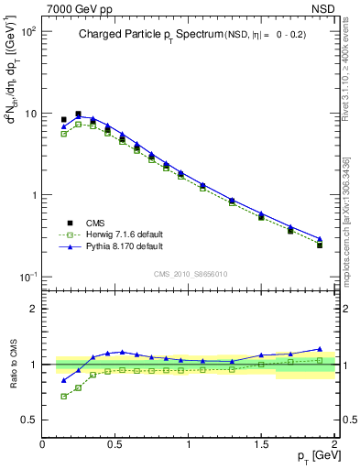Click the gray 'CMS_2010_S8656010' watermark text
coord(190,274)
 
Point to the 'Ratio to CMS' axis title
coord(13,364)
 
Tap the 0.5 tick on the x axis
coord(115,443)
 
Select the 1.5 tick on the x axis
coord(261,443)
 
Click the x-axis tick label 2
coord(334,443)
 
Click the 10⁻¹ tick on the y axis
coord(27,277)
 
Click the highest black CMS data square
coord(78,115)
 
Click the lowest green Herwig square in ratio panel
coord(63,396)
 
